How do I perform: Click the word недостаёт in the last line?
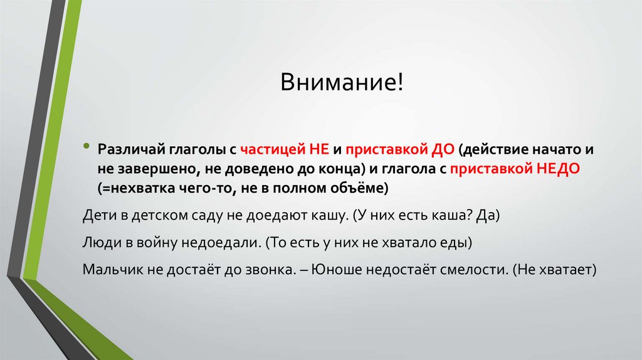(408, 269)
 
